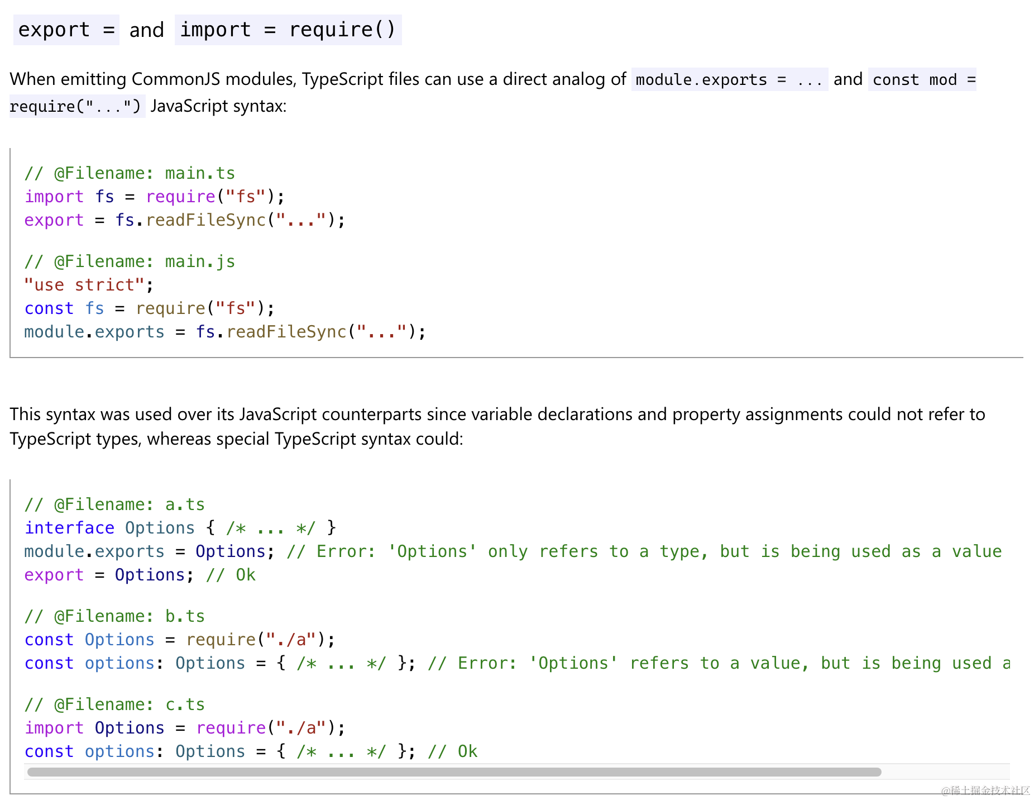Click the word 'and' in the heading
coord(147,30)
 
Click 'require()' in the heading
coord(342,30)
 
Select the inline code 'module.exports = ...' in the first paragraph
coord(729,80)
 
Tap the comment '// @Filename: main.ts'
coord(130,173)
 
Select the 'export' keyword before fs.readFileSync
coord(54,221)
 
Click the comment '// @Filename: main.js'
coord(130,261)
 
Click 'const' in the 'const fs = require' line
coord(49,308)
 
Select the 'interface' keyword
coord(69,528)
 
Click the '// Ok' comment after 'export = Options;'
coord(231,575)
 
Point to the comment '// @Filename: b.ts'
coord(114,616)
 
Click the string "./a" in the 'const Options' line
coord(291,640)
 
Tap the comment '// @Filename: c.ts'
coord(114,704)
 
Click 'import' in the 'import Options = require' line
coord(54,728)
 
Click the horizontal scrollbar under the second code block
coord(454,772)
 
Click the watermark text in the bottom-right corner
coord(985,791)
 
